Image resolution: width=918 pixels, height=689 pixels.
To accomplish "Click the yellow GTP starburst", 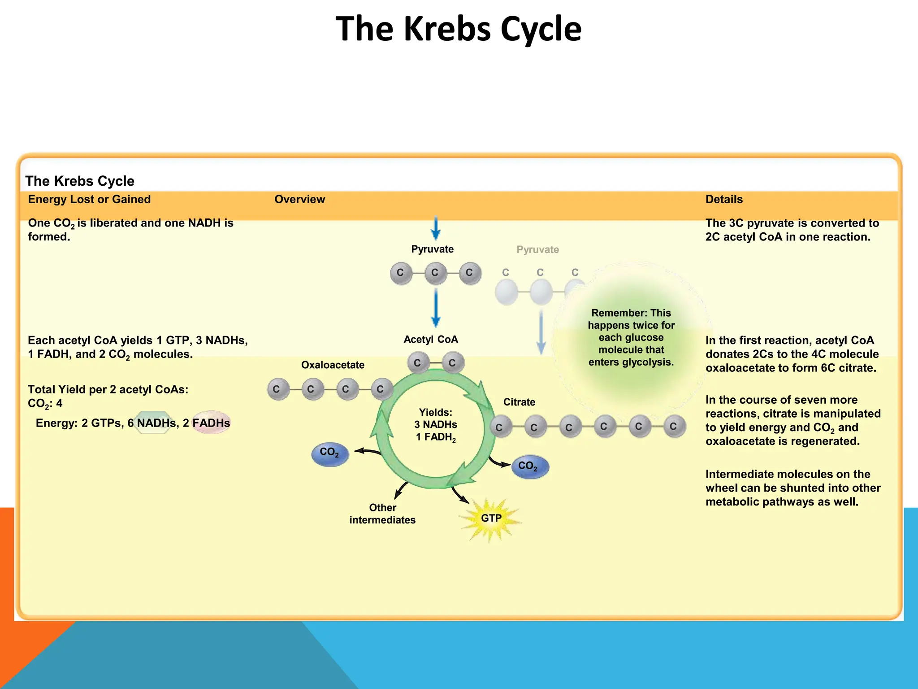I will click(x=491, y=519).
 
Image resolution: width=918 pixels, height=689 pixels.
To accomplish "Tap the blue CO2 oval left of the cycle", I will click(x=330, y=454).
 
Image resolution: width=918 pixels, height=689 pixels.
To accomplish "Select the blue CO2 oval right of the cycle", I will click(x=530, y=467).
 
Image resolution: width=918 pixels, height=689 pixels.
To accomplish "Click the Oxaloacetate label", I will click(x=333, y=365).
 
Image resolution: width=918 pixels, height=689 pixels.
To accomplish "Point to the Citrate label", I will click(x=519, y=402).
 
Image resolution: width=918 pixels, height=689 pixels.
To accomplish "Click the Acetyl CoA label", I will click(x=431, y=340).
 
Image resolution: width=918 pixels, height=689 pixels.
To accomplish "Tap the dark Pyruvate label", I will click(x=432, y=249).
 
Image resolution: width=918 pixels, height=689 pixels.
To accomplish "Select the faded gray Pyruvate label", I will click(x=537, y=250).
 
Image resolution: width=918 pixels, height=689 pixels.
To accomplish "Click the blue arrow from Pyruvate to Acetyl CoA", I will click(x=435, y=307).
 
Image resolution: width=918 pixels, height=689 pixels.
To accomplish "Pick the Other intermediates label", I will click(x=382, y=514).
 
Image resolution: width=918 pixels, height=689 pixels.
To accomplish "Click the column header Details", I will click(x=724, y=200).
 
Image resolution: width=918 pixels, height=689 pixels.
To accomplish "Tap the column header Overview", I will click(x=299, y=200).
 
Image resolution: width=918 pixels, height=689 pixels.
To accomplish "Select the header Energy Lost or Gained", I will click(x=89, y=200).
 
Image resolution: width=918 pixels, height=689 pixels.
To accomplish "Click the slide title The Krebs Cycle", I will click(x=459, y=29).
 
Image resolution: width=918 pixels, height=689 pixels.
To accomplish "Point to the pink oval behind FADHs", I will click(x=211, y=423).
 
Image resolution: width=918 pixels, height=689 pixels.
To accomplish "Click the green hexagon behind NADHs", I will click(x=153, y=423).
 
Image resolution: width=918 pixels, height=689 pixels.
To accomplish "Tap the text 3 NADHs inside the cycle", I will click(x=435, y=425).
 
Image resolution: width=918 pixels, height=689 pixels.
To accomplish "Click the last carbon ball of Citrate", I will click(x=674, y=427).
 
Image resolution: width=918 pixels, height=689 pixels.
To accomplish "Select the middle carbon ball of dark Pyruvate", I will click(x=435, y=273).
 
